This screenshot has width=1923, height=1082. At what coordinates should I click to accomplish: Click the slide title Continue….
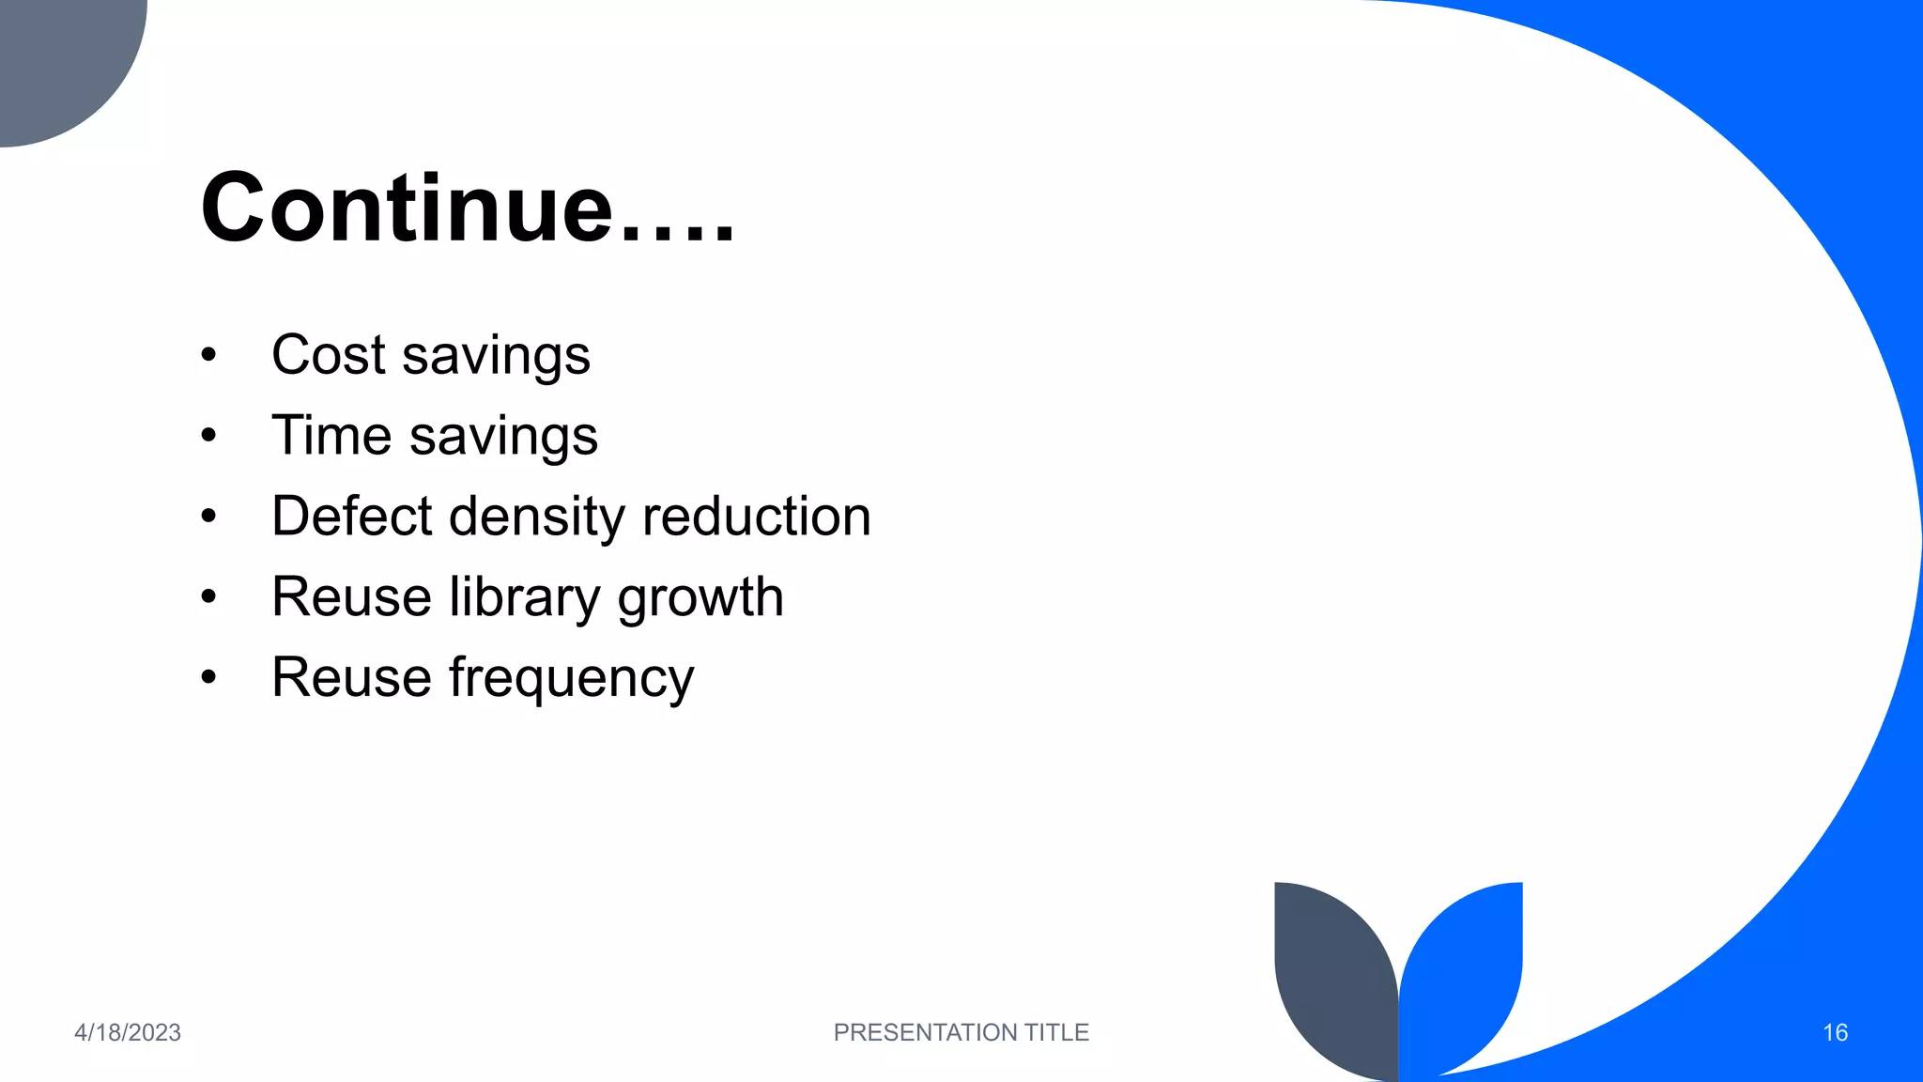tap(467, 208)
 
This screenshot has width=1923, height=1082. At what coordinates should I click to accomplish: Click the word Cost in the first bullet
tap(328, 355)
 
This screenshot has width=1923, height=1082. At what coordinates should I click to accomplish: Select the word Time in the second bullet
tap(331, 436)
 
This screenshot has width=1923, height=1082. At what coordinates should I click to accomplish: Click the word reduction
tap(756, 517)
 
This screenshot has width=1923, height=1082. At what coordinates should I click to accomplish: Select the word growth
tap(700, 598)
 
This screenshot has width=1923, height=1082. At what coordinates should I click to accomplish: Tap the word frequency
tap(571, 679)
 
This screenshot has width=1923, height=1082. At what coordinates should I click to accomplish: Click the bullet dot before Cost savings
tap(208, 356)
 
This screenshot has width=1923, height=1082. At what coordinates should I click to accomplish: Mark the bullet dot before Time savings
tap(208, 436)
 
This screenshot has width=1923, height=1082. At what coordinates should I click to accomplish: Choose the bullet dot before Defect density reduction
tap(208, 517)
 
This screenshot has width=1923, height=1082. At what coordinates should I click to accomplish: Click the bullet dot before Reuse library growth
tap(208, 597)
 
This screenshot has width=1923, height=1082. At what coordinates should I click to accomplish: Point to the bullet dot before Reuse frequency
tap(208, 678)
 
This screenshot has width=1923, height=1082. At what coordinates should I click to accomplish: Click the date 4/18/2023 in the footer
tap(128, 1032)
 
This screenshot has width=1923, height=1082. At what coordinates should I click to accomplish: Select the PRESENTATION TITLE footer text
tap(961, 1032)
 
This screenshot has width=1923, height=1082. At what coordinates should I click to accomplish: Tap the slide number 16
tap(1835, 1032)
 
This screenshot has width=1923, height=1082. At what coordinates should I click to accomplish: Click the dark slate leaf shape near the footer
tap(1333, 977)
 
